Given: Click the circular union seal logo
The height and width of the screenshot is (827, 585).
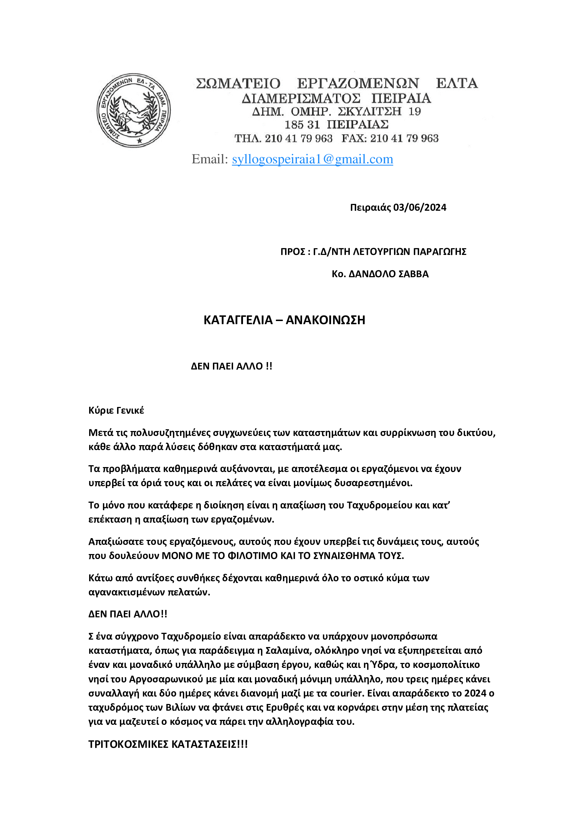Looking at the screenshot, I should click(134, 110).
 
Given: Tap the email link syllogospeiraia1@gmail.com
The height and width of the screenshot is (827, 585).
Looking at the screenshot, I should click(312, 159).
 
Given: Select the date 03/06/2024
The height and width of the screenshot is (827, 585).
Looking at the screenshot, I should click(420, 208).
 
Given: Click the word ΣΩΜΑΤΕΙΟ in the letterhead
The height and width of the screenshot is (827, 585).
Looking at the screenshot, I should click(238, 83).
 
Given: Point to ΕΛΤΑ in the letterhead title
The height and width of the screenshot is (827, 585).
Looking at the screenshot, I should click(456, 83).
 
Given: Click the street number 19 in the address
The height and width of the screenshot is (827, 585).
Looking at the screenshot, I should click(415, 111).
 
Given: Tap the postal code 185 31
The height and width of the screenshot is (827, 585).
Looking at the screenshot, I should click(302, 124).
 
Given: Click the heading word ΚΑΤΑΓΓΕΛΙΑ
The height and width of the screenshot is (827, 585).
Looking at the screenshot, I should click(238, 320).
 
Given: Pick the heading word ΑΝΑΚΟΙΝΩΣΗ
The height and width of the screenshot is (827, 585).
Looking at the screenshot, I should click(325, 320).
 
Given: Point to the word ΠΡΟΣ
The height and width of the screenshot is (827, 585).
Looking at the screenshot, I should click(293, 251).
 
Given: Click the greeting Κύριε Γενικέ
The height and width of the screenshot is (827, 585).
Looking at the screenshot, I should click(116, 410).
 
